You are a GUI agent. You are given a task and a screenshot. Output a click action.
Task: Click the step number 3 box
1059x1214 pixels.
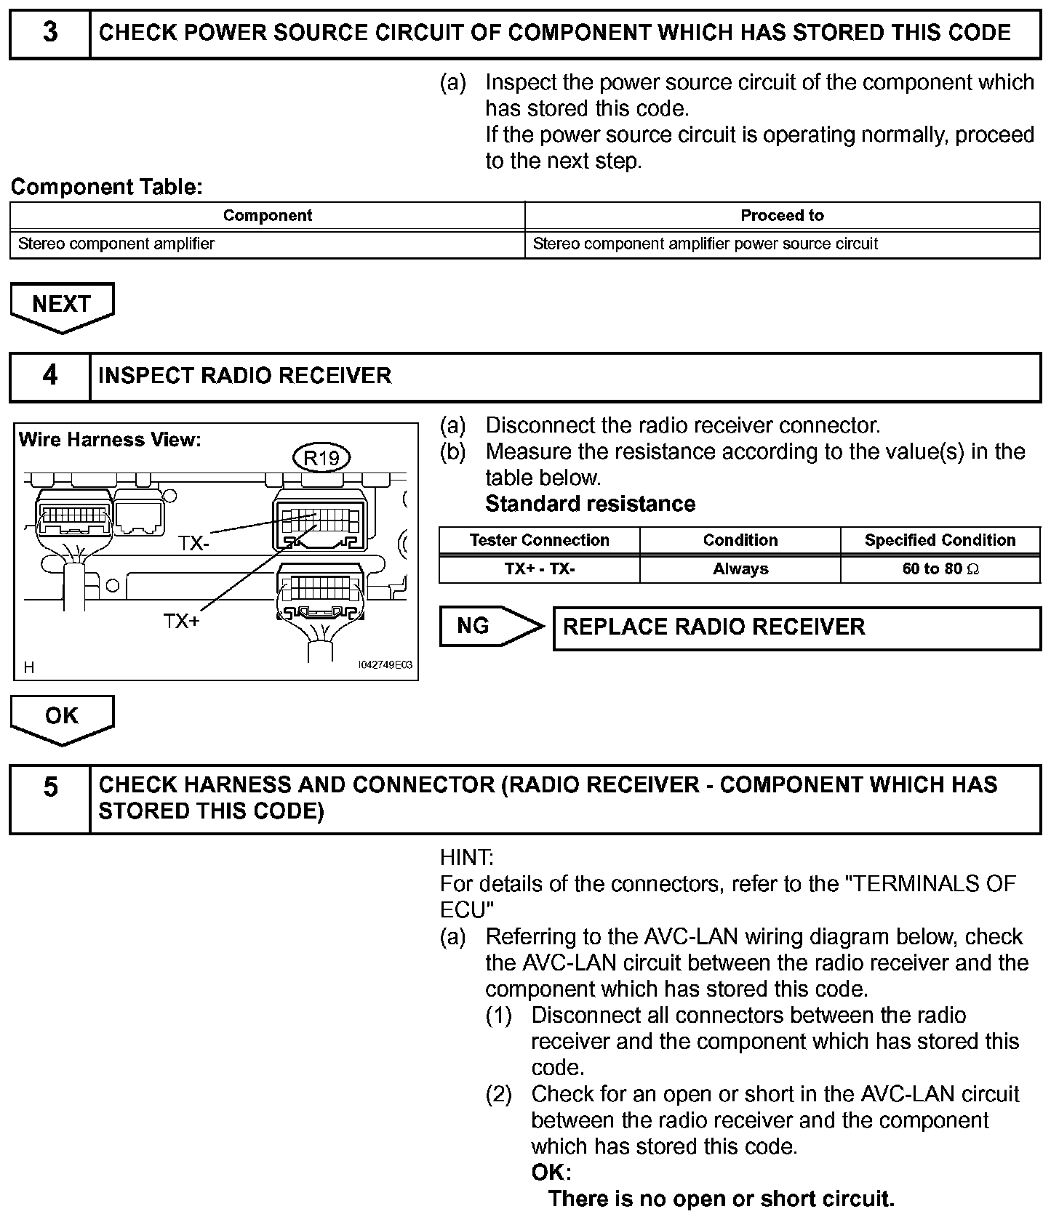tap(49, 33)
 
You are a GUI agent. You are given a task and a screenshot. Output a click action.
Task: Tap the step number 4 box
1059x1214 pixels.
tap(49, 376)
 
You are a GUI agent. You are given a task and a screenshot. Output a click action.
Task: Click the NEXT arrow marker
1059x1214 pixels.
tap(62, 305)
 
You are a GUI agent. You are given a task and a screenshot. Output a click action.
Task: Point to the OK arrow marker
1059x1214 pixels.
tap(62, 717)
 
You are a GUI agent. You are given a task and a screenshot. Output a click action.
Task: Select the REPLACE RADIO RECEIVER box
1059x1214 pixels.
tap(796, 627)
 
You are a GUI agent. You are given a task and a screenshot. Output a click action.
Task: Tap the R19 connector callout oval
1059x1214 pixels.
tap(321, 458)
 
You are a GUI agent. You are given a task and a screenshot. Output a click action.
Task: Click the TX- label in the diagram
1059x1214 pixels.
tap(194, 544)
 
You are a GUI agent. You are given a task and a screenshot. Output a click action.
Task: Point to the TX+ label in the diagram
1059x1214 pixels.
tap(181, 622)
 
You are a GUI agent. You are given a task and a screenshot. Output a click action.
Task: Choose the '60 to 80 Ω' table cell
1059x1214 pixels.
tap(940, 569)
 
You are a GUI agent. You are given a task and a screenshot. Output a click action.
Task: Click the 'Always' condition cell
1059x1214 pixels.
tap(740, 569)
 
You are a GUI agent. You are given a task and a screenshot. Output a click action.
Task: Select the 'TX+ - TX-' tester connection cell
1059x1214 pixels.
tap(539, 569)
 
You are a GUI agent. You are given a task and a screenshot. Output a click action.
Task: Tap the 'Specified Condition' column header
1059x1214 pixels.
tap(940, 540)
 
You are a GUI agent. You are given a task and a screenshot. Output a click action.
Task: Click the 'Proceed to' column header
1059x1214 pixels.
tap(782, 216)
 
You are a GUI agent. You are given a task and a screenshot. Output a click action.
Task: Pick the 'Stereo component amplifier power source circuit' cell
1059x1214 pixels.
tap(706, 244)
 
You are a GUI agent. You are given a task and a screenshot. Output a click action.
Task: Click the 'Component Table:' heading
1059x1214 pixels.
tap(106, 188)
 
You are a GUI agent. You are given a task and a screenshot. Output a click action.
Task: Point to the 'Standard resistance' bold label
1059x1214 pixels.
tap(590, 504)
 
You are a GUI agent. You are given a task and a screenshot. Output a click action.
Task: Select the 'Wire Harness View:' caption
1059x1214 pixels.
tap(109, 440)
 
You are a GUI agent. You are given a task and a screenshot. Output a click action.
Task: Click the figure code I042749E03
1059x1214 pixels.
tap(385, 665)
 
